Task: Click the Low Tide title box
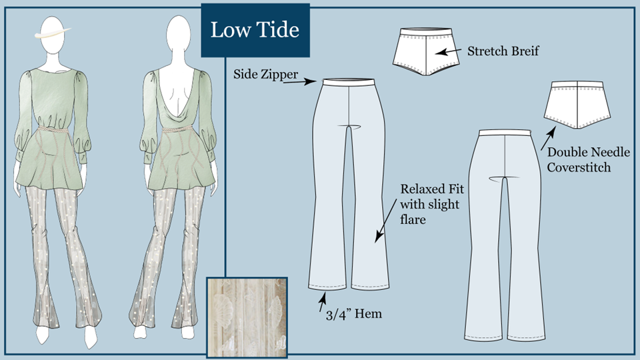[255, 30]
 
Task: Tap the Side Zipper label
[266, 74]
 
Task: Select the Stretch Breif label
[503, 51]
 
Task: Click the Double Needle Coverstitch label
[588, 159]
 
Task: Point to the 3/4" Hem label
[354, 314]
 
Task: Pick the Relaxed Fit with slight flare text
[432, 204]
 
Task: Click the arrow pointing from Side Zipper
[299, 82]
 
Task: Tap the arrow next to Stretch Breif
[448, 51]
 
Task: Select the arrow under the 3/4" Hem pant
[323, 303]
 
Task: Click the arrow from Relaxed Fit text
[386, 221]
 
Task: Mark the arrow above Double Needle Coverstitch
[548, 139]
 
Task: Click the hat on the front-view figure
[52, 33]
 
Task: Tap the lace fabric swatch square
[247, 317]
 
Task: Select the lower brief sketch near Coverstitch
[577, 105]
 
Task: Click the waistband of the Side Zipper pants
[348, 82]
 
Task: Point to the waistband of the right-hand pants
[505, 133]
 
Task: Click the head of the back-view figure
[179, 34]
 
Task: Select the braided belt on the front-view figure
[53, 129]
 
